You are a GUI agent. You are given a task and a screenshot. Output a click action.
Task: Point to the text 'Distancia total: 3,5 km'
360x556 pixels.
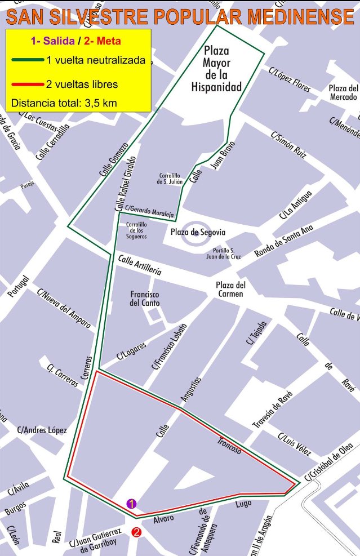(64, 104)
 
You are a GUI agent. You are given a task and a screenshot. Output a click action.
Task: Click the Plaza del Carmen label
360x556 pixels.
(231, 289)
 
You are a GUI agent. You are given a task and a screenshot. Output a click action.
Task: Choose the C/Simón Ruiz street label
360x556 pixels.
(288, 146)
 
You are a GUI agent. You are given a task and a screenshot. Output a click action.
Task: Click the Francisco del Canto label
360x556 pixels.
(145, 299)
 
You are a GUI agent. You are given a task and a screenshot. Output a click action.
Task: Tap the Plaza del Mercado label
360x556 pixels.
(344, 92)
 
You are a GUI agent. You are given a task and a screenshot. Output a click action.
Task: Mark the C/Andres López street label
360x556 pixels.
(42, 430)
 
